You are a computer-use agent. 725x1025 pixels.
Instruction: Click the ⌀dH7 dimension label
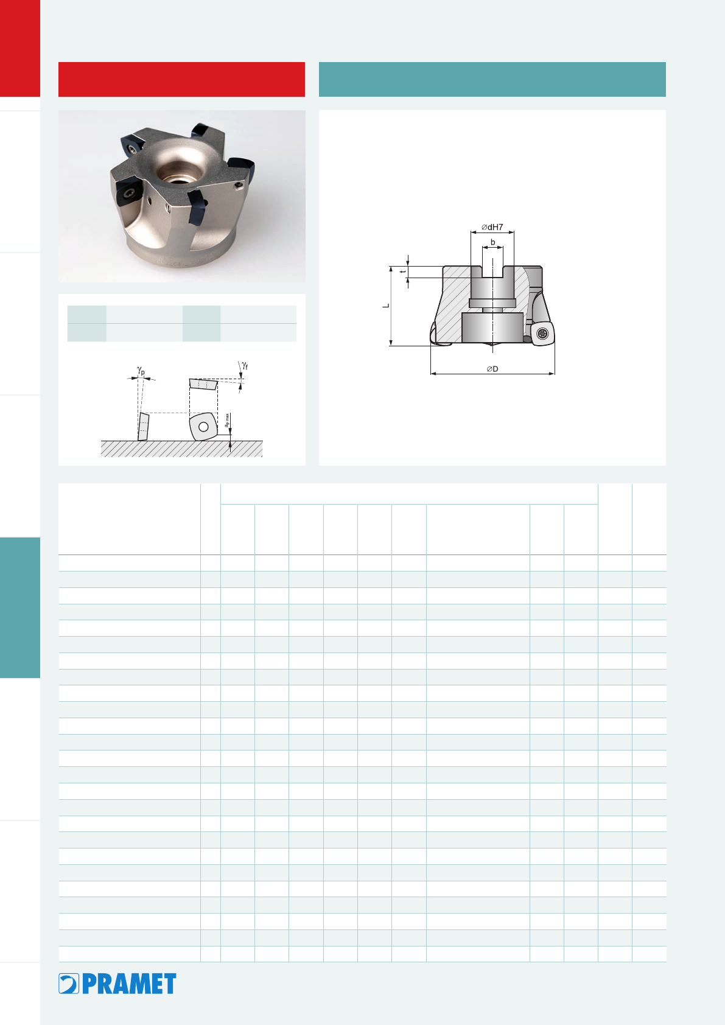[x=492, y=227]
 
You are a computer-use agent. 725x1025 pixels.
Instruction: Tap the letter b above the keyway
[x=493, y=242]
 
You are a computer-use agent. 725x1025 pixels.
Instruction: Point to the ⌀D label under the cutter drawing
[x=492, y=369]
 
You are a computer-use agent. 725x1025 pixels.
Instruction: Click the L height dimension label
[x=386, y=305]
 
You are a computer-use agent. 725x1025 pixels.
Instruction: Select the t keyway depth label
[x=403, y=271]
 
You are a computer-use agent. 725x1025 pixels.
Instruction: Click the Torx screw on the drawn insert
[x=542, y=334]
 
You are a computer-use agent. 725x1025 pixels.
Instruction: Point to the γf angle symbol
[x=245, y=365]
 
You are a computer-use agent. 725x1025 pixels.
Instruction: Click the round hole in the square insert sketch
[x=203, y=427]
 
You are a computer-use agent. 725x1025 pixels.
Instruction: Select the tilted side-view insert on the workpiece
[x=143, y=427]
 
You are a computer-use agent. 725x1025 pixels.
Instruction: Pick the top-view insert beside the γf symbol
[x=203, y=384]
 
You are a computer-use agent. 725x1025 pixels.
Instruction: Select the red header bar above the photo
[x=182, y=79]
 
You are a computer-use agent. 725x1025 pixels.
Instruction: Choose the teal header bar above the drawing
[x=492, y=79]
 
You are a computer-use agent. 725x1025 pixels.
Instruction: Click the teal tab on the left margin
[x=20, y=607]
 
